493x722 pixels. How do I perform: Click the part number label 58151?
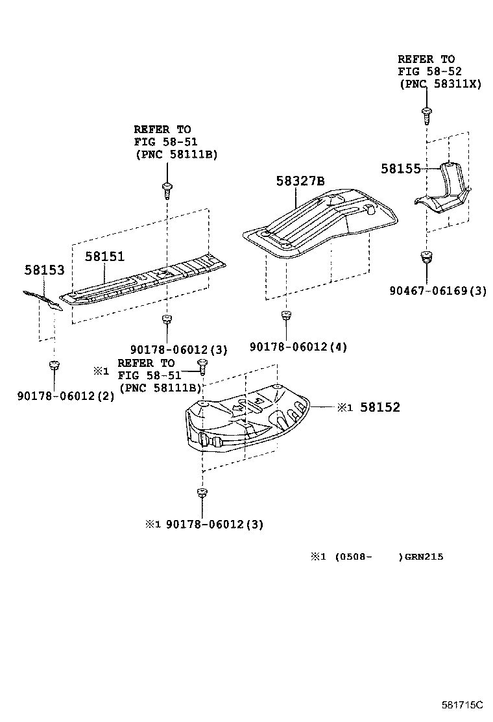click(104, 256)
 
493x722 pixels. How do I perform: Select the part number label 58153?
click(45, 269)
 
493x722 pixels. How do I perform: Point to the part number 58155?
click(401, 168)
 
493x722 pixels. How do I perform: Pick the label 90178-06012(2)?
click(66, 395)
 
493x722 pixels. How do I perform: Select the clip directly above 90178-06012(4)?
click(285, 316)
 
